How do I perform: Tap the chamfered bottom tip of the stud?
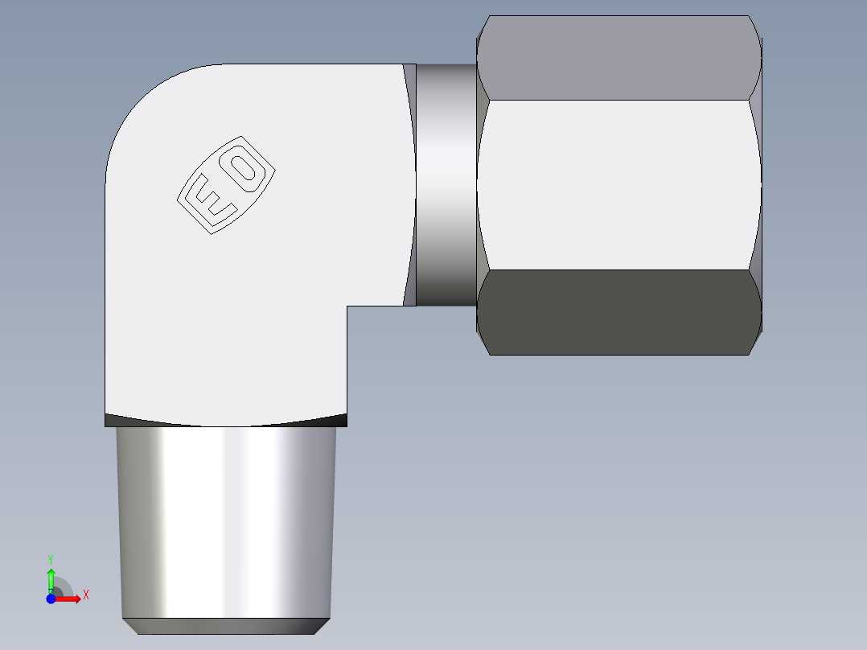coord(226,626)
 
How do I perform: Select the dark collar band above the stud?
coord(226,419)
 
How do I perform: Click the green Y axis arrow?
coord(51,578)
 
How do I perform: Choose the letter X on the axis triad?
coord(85,595)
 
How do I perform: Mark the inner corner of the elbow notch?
coord(347,306)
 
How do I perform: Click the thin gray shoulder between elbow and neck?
coord(409,185)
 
